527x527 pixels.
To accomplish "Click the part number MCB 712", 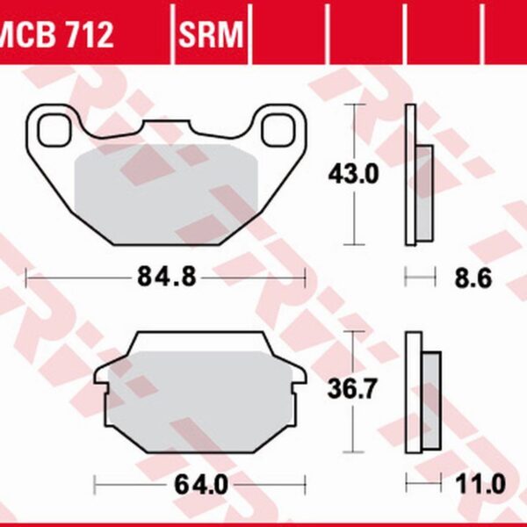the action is (x=56, y=33).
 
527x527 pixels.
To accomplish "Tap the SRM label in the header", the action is (x=211, y=34).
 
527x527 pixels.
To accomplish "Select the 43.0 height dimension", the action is (x=353, y=174).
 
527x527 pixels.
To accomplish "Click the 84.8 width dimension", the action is (x=166, y=278).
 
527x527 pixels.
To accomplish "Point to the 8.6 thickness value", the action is (x=473, y=278).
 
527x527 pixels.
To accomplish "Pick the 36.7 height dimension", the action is (x=351, y=388).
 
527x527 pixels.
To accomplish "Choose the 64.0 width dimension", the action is (x=201, y=485).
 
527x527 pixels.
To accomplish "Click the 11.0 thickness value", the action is (x=480, y=484).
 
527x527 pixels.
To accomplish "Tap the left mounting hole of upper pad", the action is (x=54, y=130).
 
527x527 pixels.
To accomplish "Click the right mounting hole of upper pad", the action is (x=278, y=130).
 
